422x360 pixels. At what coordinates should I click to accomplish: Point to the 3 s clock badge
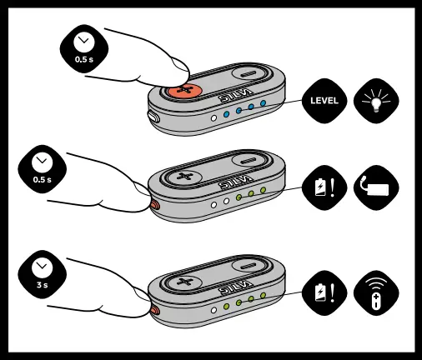(x=42, y=272)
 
